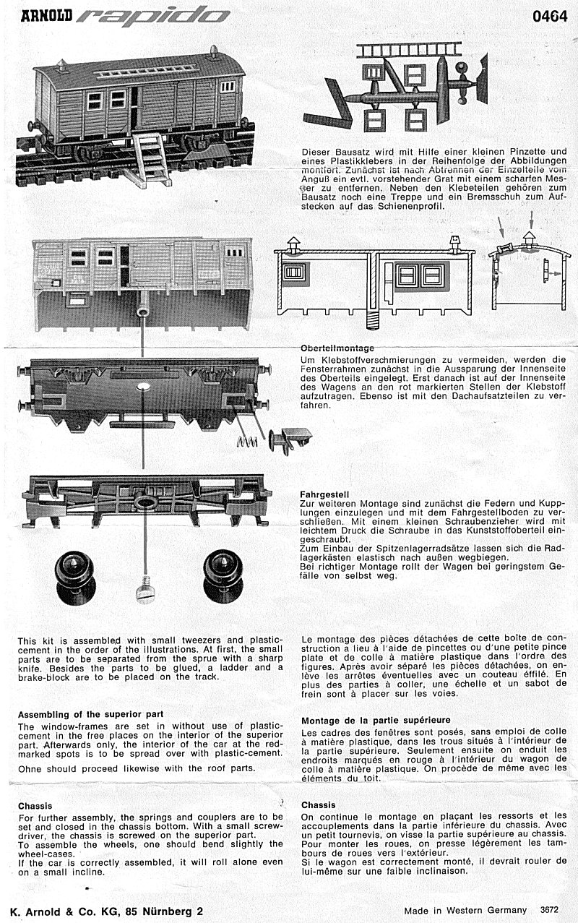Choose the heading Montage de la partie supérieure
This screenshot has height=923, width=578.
(x=376, y=720)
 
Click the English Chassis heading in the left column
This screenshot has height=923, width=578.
(x=35, y=805)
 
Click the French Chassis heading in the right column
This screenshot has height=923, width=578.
(x=318, y=804)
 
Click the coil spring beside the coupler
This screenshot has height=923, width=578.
(x=248, y=442)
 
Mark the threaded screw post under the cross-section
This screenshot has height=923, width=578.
(x=374, y=317)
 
